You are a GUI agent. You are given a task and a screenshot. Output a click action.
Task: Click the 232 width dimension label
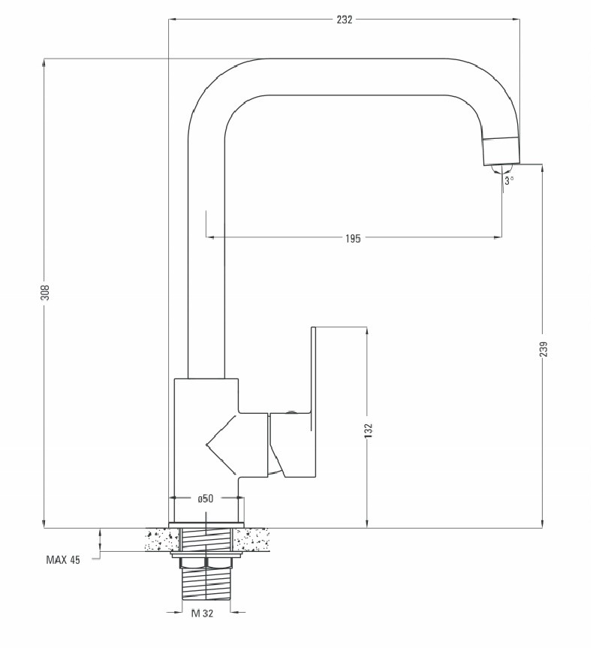345,20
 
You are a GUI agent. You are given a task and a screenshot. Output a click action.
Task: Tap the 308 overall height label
47,293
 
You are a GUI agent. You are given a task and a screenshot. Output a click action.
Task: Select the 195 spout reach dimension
353,239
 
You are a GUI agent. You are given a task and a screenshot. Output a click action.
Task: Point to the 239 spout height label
543,349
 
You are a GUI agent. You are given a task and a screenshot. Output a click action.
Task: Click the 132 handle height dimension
369,430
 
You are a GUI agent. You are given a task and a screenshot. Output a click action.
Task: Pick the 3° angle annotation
509,180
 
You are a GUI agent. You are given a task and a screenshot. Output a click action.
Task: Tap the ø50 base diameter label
206,499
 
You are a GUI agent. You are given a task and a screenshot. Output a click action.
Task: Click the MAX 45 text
63,560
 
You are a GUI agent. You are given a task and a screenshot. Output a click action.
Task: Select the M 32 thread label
203,613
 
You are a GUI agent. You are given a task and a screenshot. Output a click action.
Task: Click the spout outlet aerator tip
501,151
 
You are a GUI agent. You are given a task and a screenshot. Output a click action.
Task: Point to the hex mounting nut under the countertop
206,562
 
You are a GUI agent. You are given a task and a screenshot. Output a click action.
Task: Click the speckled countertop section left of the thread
161,540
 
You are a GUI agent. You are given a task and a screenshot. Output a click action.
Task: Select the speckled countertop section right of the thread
251,540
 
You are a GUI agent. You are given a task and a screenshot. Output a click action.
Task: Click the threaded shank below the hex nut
206,583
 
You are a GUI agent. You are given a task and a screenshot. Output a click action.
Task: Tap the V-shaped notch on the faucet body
221,445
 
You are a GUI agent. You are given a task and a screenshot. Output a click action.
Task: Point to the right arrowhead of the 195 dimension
498,237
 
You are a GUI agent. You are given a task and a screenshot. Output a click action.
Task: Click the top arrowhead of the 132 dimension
367,331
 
